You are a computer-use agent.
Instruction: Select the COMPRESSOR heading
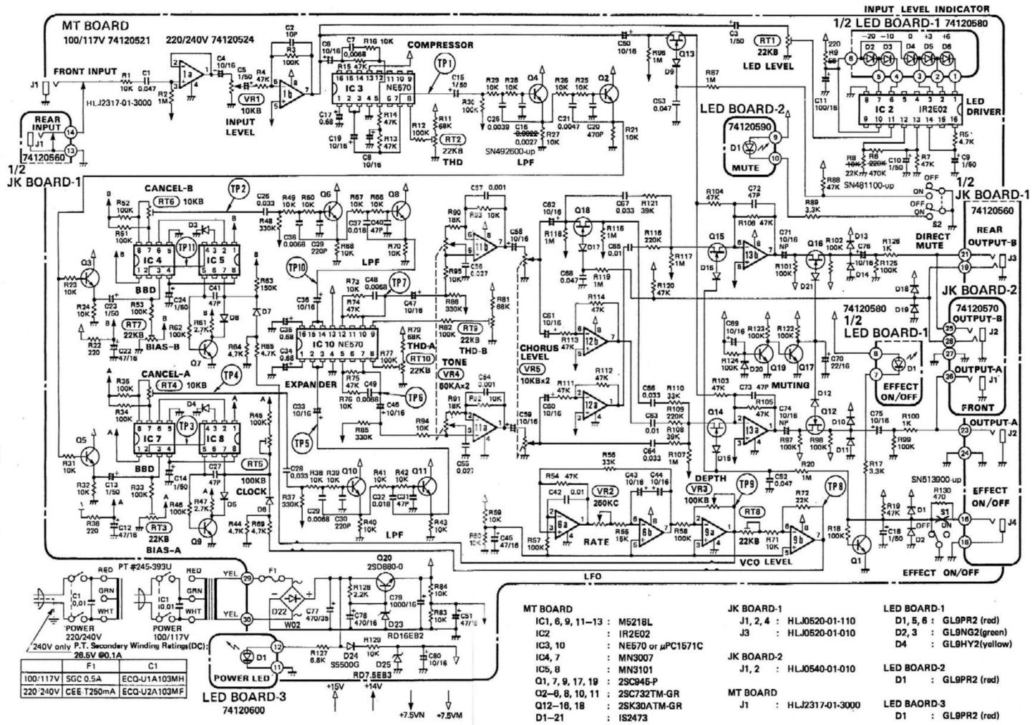pyautogui.click(x=440, y=44)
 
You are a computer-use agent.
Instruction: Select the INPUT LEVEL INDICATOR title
pyautogui.click(x=926, y=9)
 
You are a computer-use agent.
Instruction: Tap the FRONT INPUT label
pyautogui.click(x=84, y=71)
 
